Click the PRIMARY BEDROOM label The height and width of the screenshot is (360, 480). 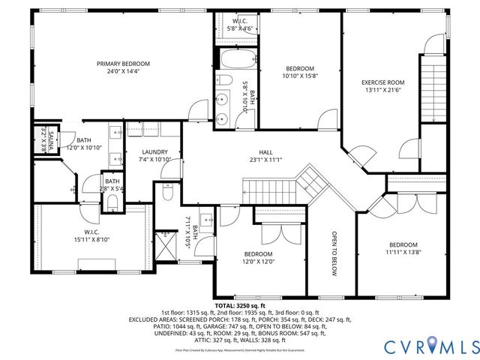point(123,64)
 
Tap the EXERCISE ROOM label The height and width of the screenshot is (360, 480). point(382,82)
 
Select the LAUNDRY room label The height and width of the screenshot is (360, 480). point(154,152)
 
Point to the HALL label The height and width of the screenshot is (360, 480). point(266,151)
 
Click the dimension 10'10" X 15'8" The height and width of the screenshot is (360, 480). point(301,76)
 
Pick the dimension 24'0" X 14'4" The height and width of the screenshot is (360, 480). point(123,72)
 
